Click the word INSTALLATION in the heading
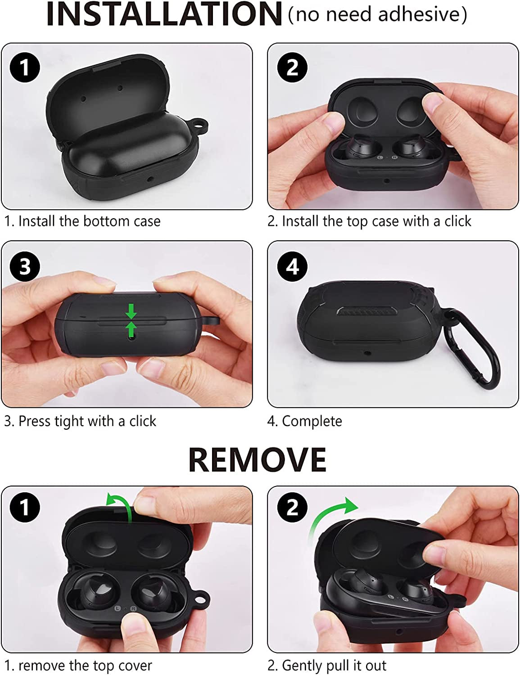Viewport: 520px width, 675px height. point(164,14)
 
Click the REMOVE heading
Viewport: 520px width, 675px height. point(257,459)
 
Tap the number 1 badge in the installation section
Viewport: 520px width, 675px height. point(25,68)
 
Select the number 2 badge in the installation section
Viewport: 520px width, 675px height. point(292,68)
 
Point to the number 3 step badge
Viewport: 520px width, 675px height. point(25,266)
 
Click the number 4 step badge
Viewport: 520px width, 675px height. point(292,266)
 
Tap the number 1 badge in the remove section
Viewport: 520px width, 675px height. point(25,508)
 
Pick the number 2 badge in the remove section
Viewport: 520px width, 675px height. point(292,508)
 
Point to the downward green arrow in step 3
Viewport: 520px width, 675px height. point(131,311)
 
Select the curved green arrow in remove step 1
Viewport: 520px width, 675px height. point(120,505)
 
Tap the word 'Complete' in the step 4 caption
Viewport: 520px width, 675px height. point(312,421)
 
